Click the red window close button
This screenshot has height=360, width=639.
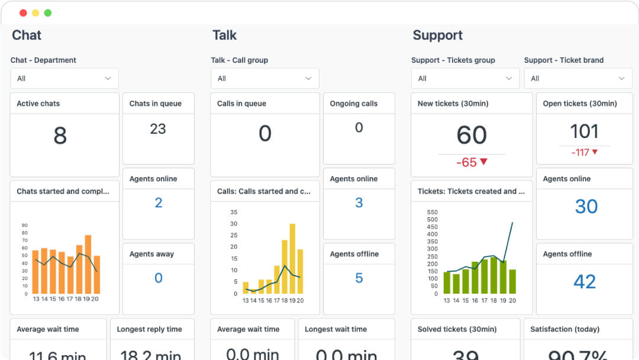[23, 13]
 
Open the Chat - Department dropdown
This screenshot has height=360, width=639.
[64, 78]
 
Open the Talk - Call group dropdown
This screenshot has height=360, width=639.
[265, 78]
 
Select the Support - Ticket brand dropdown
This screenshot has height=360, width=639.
[578, 78]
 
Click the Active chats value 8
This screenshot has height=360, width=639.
[60, 136]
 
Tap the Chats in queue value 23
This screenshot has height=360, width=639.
[158, 129]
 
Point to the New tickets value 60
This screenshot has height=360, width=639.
[472, 136]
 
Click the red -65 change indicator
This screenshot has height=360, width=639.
[472, 162]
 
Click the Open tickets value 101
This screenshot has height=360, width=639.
[584, 131]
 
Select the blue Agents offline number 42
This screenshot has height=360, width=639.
[584, 281]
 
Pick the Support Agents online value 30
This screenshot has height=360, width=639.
[586, 206]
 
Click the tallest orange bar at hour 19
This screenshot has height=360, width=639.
[88, 265]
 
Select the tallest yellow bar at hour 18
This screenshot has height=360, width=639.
[292, 259]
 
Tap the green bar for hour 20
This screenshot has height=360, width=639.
[512, 281]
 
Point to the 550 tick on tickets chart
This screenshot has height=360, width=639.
[432, 212]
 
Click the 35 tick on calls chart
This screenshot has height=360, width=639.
[234, 212]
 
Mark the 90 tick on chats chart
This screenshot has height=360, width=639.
[25, 225]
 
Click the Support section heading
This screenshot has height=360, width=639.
[437, 35]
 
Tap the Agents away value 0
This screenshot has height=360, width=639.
[158, 278]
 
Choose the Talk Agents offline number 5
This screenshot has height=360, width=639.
[359, 278]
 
